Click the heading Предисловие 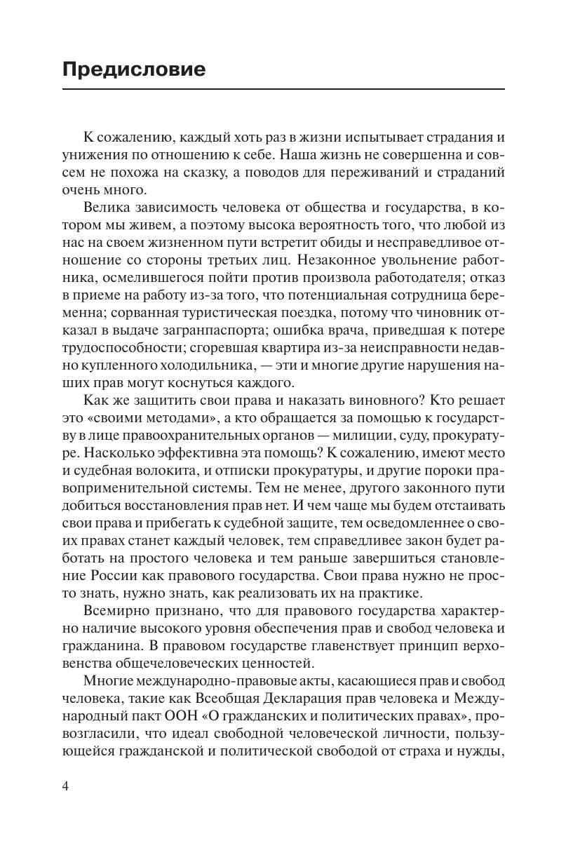pos(134,69)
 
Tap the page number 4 pos(66,786)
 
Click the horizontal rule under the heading pos(283,89)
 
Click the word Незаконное pos(344,260)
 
